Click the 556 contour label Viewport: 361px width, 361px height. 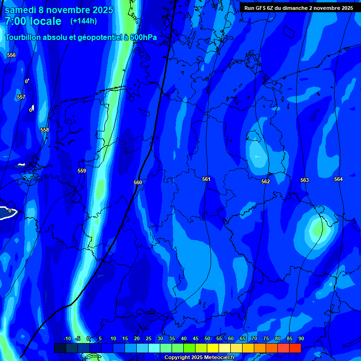[11, 55]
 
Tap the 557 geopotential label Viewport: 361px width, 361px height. [21, 97]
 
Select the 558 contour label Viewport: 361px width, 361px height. [45, 130]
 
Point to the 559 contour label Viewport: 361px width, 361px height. [82, 171]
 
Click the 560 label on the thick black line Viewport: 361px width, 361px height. [138, 182]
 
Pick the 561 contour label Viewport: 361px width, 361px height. [206, 179]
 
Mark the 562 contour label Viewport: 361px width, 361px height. [266, 181]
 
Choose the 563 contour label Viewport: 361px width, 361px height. [305, 180]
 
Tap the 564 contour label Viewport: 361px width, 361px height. [338, 179]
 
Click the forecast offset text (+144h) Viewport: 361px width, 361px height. [84, 21]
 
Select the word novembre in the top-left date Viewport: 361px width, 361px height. [69, 10]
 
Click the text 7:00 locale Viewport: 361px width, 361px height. [33, 21]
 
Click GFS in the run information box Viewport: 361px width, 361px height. [262, 8]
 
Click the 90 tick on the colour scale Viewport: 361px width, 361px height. [301, 338]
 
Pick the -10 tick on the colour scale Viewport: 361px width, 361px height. [67, 338]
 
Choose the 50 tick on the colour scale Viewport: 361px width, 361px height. [207, 338]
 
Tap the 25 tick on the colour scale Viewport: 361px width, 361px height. [149, 338]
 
